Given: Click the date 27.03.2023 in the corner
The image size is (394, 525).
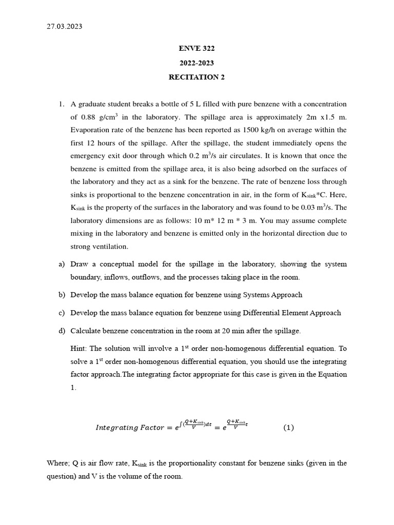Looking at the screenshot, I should coord(64,27).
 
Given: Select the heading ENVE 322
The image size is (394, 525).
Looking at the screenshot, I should coord(196,49).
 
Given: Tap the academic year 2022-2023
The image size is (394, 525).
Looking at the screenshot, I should coord(196,63).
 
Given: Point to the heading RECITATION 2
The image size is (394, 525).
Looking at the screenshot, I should coord(196,77).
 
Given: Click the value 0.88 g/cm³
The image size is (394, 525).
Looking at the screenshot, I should coord(100,117).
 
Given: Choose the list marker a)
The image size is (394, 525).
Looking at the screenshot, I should coord(62,264).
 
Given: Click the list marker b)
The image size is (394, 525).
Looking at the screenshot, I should coord(62,295).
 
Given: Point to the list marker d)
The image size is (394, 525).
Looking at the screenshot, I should coord(62,331).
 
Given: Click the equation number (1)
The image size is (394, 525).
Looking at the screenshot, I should coord(289,428).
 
